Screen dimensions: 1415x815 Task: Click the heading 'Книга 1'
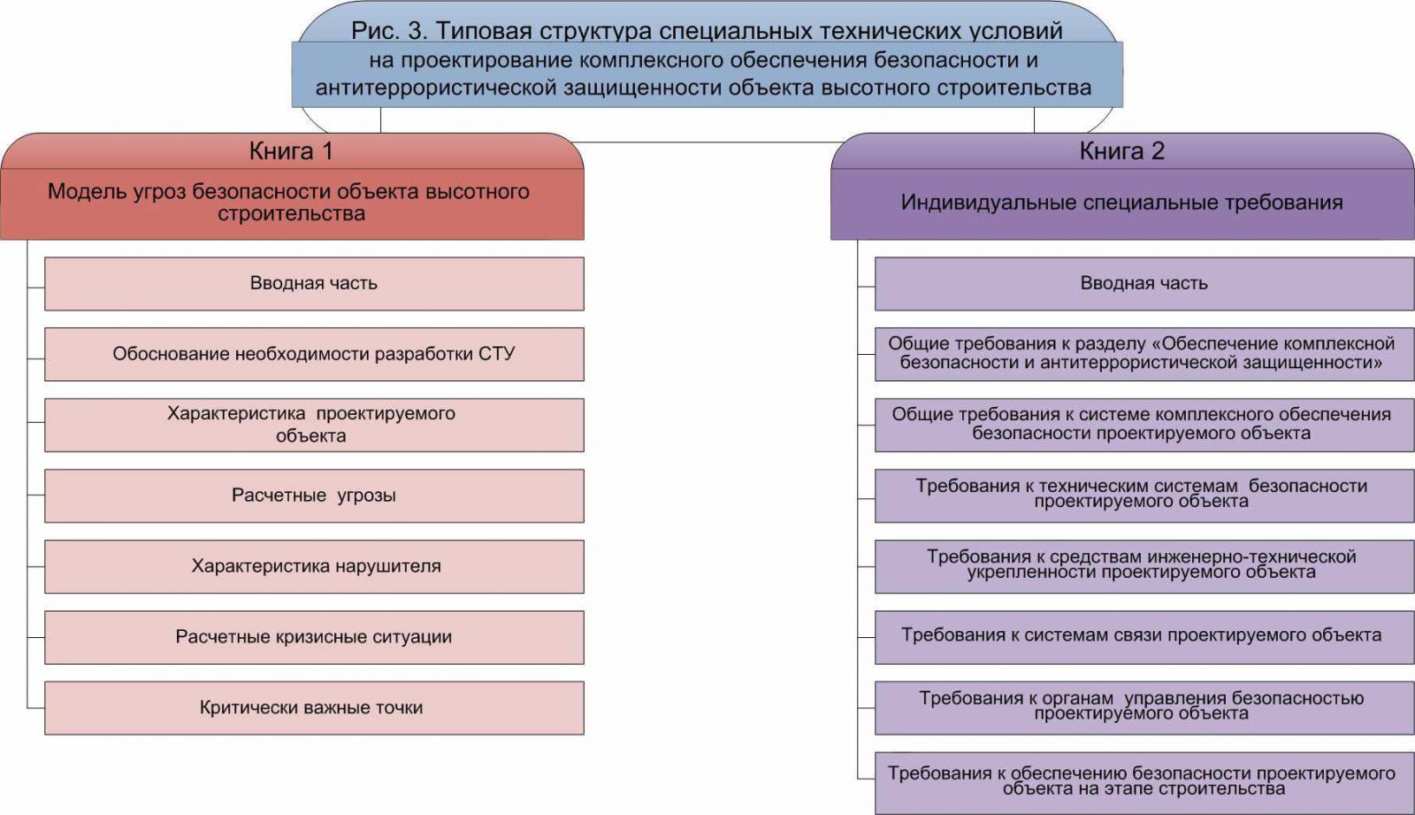coord(291,151)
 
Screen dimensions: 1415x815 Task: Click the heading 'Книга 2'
coord(1122,151)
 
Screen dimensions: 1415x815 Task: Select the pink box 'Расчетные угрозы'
coord(314,496)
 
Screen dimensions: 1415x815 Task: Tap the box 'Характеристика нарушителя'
coord(314,566)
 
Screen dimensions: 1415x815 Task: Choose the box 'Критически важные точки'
coord(314,708)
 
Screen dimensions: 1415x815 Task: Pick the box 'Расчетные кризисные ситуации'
coord(314,637)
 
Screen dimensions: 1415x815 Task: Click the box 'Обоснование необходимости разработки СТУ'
coord(314,354)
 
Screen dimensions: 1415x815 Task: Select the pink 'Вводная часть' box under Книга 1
coord(314,283)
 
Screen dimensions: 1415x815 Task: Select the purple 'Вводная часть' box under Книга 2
coord(1144,283)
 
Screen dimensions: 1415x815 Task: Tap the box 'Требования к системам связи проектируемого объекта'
coord(1144,637)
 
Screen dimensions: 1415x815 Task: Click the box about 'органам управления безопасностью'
coord(1144,708)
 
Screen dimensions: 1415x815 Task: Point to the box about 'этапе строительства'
coord(1144,783)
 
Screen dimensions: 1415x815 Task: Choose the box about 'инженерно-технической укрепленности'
coord(1144,566)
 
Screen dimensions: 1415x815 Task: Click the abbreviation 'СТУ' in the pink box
coord(496,353)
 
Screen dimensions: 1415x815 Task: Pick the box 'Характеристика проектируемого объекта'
coord(314,425)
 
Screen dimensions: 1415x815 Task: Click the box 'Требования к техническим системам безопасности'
coord(1144,496)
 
